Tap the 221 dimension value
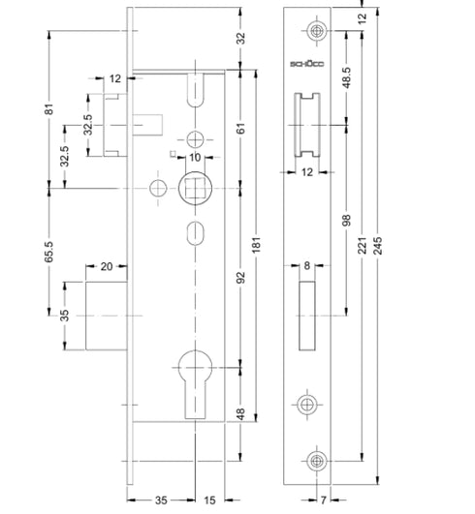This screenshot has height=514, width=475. pyautogui.click(x=362, y=249)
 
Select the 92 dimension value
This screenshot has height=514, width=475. pyautogui.click(x=240, y=278)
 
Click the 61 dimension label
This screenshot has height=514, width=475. pyautogui.click(x=240, y=129)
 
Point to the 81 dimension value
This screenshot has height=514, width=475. pyautogui.click(x=47, y=109)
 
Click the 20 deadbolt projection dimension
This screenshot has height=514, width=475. pyautogui.click(x=107, y=266)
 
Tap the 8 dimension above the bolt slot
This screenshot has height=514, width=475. pyautogui.click(x=307, y=266)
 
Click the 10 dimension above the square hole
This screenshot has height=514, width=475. pyautogui.click(x=194, y=157)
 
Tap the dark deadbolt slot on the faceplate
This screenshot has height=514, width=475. pyautogui.click(x=307, y=315)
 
